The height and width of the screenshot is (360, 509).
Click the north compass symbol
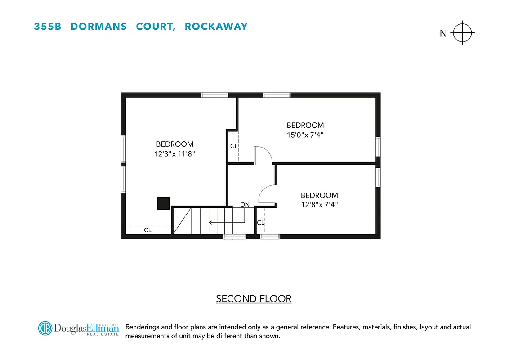(463, 33)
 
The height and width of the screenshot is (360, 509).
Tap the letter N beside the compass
(443, 33)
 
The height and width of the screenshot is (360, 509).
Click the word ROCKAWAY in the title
(216, 27)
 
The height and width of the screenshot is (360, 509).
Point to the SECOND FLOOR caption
(254, 298)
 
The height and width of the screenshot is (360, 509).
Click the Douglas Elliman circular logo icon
(45, 328)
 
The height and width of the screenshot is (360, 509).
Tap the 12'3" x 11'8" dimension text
(175, 153)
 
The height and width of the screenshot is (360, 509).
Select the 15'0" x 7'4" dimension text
(305, 135)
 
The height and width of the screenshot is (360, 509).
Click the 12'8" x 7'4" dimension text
(319, 205)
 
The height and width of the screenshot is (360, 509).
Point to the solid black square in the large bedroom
(163, 203)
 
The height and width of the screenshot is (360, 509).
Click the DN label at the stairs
(245, 204)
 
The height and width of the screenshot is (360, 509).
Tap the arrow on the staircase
(225, 222)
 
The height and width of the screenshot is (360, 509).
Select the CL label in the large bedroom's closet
(147, 230)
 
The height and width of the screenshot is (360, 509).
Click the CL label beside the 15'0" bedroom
(233, 146)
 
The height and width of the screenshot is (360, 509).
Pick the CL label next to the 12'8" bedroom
(260, 222)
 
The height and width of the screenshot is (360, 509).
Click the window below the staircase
(235, 237)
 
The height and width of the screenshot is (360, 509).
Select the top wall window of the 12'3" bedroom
(214, 95)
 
